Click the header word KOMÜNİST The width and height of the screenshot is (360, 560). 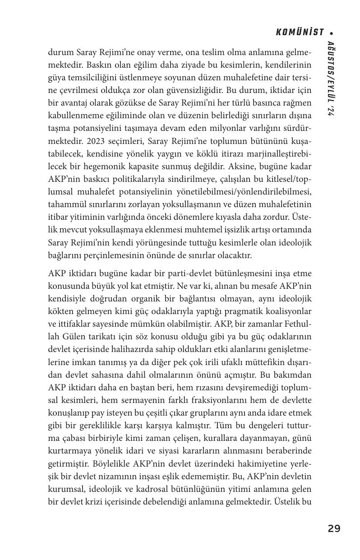(300, 32)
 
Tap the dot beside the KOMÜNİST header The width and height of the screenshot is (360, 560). (332, 33)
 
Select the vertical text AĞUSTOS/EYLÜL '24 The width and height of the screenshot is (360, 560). (331, 79)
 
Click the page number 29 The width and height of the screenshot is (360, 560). (334, 528)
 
